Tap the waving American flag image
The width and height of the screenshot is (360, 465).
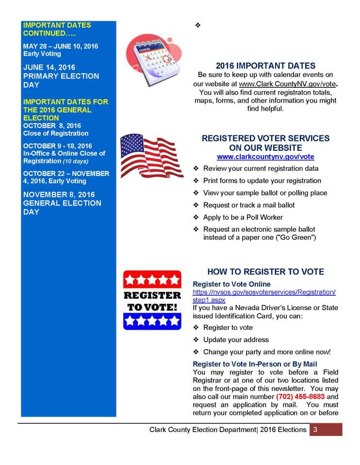coord(151,155)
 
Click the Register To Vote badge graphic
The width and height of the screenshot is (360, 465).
coord(152,300)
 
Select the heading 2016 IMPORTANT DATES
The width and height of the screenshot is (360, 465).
coord(265,66)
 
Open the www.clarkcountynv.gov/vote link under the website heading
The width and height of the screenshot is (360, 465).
coord(265,157)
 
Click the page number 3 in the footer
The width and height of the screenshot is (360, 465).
coord(315,430)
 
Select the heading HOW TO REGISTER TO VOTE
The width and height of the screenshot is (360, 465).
coord(265,272)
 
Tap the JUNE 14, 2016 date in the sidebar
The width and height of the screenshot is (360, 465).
coord(49,67)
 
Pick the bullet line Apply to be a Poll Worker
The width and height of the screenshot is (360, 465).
coord(243,217)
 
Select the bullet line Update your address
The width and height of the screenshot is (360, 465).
coord(236,339)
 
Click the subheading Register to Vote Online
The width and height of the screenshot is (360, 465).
coord(232,284)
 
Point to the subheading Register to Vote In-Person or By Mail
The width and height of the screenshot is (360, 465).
coord(255,364)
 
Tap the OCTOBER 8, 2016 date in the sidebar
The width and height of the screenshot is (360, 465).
coord(52,126)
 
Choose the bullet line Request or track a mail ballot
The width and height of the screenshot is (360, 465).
coord(248,205)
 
